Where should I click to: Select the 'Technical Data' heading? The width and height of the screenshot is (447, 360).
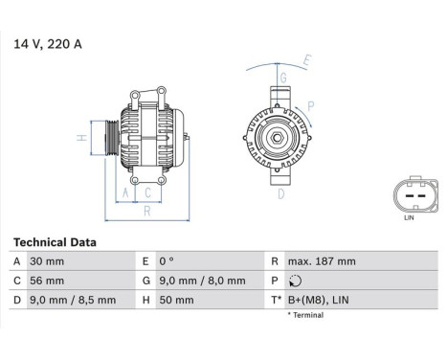click(55, 242)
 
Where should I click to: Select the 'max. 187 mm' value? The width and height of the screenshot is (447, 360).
click(323, 261)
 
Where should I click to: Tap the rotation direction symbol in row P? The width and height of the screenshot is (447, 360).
click(294, 281)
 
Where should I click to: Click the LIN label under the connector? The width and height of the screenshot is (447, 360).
click(410, 219)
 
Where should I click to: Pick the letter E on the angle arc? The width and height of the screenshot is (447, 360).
click(307, 60)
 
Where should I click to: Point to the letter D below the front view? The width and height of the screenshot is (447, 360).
click(281, 193)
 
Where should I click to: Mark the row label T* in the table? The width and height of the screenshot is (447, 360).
click(276, 300)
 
